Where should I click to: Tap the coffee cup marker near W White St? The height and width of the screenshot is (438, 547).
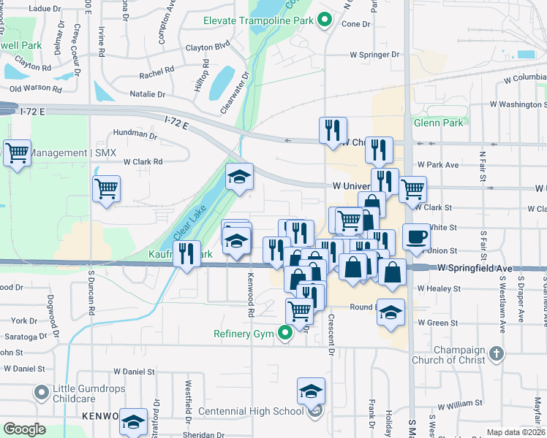tap(416, 237)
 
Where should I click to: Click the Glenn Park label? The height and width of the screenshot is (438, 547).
tap(437, 123)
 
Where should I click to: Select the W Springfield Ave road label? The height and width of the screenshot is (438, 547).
tap(475, 269)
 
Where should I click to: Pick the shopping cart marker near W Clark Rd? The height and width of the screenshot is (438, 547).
tap(107, 188)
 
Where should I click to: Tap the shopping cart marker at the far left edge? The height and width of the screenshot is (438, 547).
tap(16, 153)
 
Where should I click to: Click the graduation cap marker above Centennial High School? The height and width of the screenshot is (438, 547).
tap(311, 391)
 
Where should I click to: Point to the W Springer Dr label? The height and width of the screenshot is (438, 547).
tap(374, 55)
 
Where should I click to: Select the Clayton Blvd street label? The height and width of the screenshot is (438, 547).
tap(208, 45)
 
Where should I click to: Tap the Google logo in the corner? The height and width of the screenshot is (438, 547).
tap(24, 429)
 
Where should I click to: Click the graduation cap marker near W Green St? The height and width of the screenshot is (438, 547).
tap(391, 312)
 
